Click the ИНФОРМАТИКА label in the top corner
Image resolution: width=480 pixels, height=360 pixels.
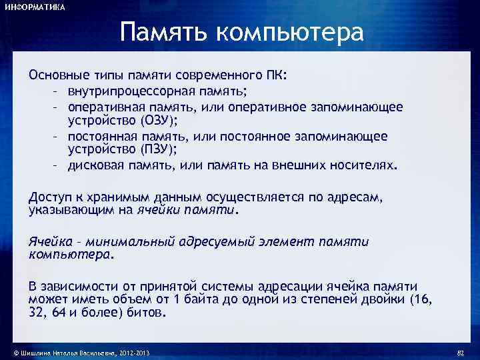[35, 7]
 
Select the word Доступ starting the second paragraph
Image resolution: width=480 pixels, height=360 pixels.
[49, 197]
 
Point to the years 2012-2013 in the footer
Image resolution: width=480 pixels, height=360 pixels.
[137, 351]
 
